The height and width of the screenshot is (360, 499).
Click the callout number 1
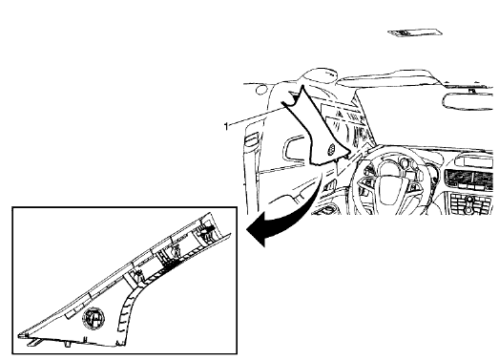(x=225, y=124)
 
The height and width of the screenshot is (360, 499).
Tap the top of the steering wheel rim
(x=385, y=150)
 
